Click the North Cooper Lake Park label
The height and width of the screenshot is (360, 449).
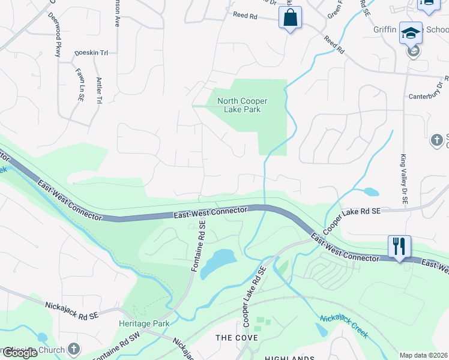pyautogui.click(x=242, y=105)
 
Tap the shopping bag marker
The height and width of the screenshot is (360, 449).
pyautogui.click(x=290, y=18)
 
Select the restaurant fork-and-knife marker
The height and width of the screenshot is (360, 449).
pyautogui.click(x=399, y=246)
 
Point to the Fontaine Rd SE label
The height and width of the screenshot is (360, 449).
pyautogui.click(x=199, y=247)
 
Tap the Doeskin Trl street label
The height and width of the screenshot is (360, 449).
pyautogui.click(x=91, y=53)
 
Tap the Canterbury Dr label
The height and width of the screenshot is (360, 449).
pyautogui.click(x=424, y=95)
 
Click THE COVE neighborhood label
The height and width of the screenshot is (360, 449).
pyautogui.click(x=237, y=338)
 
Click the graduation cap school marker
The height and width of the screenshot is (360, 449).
pyautogui.click(x=411, y=34)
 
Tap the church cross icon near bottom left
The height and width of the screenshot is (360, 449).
pyautogui.click(x=73, y=349)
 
